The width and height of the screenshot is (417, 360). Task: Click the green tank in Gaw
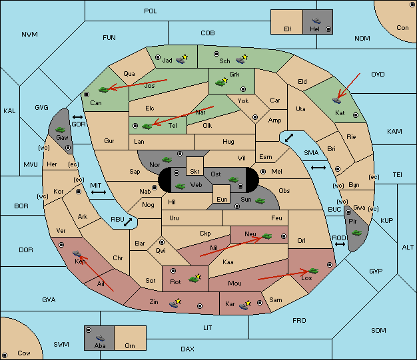[x=61, y=130]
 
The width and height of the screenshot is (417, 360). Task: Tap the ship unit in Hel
[x=316, y=21]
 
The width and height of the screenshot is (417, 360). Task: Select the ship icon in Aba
[x=100, y=337]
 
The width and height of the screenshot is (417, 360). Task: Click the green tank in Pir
[x=356, y=234]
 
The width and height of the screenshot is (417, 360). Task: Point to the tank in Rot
[x=195, y=279]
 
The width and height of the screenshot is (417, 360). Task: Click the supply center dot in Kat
[x=356, y=115]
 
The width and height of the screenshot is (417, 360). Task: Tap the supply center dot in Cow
[x=5, y=355]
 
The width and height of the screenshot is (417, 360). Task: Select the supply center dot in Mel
[x=263, y=172]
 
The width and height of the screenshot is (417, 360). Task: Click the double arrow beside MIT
[x=99, y=192]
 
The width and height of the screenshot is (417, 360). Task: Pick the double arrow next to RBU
[x=128, y=222]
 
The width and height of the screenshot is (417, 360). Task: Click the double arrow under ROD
[x=340, y=244]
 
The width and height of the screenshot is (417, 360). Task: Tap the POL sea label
[x=151, y=11]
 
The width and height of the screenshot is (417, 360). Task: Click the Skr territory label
[x=195, y=172]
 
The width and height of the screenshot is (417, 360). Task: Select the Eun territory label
[x=222, y=199]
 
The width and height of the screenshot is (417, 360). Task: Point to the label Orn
[x=130, y=345]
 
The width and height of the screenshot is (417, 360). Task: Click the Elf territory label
[x=288, y=29]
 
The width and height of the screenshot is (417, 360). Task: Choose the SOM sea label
[x=378, y=330]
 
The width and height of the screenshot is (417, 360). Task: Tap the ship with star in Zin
[x=175, y=303]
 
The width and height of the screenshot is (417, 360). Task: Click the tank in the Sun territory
[x=260, y=201]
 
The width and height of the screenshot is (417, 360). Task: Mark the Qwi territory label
[x=161, y=251]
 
